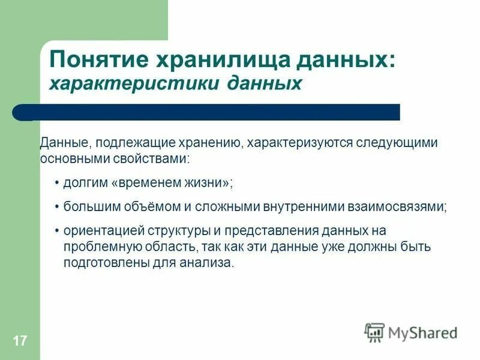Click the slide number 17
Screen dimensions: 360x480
pos(19,341)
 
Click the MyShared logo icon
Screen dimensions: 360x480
pos(374,332)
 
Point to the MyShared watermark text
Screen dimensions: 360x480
pos(422,333)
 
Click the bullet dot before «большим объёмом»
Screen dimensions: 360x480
pos(57,206)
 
